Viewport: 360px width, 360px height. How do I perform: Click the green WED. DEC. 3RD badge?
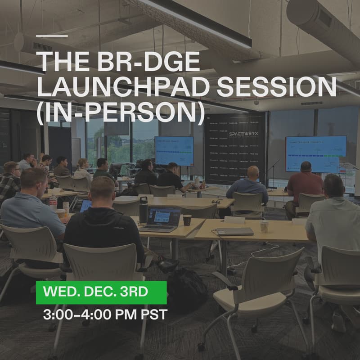101,292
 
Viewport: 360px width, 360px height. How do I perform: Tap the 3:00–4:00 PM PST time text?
105,315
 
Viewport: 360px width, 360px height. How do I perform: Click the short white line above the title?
52,36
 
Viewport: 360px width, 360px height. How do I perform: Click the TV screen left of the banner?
174,151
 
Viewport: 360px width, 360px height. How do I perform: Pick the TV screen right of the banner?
315,153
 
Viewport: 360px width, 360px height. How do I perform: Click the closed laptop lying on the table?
234,231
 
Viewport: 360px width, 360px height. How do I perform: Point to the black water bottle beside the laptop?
143,210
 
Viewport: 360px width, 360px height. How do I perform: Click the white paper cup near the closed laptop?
264,226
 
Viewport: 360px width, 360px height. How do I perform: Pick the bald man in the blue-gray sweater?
248,185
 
